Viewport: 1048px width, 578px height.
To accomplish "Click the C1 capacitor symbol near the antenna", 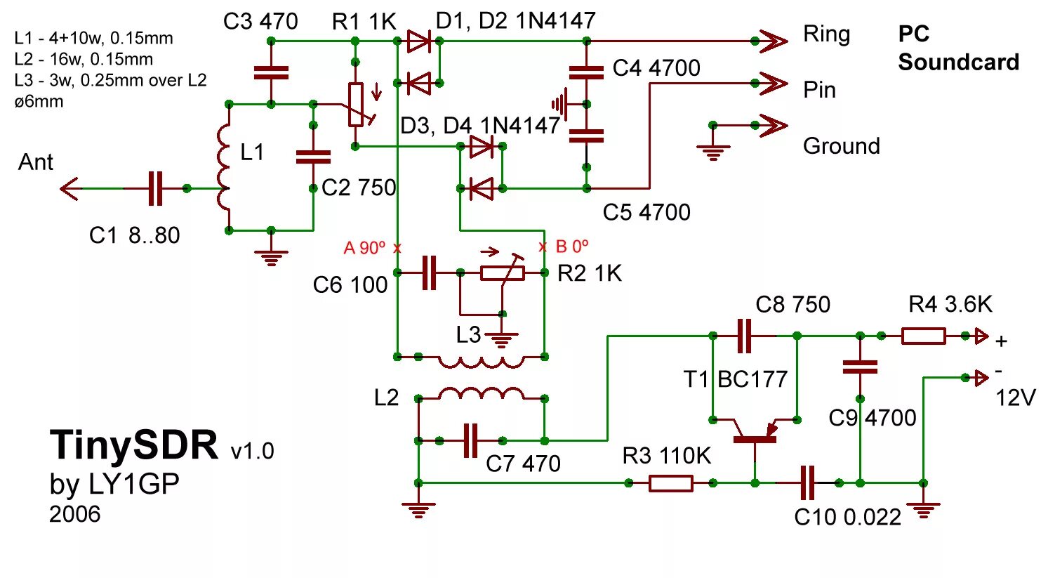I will (x=155, y=188).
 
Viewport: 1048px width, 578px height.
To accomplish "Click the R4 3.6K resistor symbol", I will (x=923, y=336).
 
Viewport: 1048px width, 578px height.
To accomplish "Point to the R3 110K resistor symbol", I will (x=670, y=483).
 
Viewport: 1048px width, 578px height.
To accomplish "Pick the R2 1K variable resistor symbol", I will (x=503, y=272).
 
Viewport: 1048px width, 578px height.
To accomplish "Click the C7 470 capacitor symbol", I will (x=471, y=441).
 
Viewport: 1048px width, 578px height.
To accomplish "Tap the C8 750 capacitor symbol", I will (x=745, y=336).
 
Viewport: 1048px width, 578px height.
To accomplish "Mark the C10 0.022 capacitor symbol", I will (x=808, y=483).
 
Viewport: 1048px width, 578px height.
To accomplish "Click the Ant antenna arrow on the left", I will (x=70, y=188).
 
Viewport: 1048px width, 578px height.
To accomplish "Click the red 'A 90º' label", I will (x=364, y=247).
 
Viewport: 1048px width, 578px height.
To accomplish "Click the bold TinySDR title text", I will (x=134, y=445).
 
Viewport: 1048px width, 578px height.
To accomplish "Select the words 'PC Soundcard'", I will (x=957, y=48).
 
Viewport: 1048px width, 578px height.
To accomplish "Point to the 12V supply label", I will (x=1015, y=398).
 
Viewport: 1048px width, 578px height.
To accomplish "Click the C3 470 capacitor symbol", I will (x=271, y=72).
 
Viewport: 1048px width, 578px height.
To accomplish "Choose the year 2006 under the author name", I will (x=75, y=514).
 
